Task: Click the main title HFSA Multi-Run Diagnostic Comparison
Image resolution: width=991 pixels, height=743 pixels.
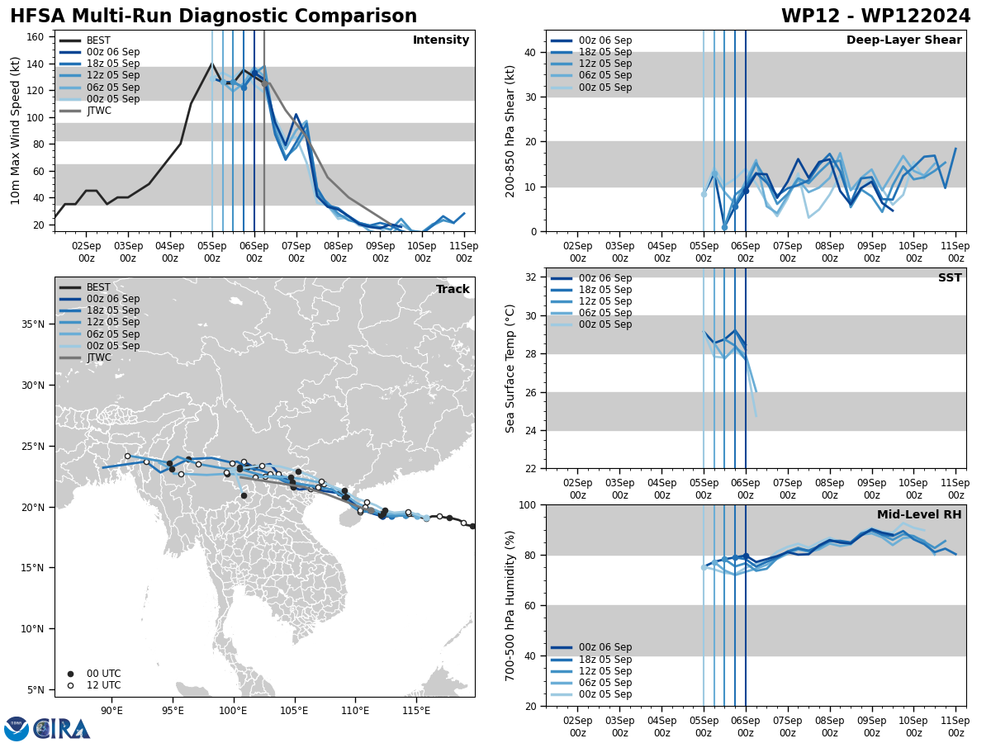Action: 213,17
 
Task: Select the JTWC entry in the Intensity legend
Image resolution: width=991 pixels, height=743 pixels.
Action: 98,111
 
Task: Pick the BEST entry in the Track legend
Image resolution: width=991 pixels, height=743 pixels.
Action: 98,287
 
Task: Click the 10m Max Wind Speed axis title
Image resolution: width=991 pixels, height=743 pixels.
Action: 16,130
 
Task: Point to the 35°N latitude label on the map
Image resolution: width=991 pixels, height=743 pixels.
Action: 34,324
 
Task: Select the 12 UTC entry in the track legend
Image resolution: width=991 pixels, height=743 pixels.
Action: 103,685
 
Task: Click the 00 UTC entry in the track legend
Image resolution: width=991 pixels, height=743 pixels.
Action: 103,674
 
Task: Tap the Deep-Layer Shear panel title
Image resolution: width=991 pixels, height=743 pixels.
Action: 903,40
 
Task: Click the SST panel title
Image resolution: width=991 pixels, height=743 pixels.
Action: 950,278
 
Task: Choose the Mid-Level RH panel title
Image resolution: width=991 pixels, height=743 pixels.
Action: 919,515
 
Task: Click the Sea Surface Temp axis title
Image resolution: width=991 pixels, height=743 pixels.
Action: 510,368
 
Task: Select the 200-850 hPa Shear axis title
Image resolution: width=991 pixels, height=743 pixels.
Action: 510,130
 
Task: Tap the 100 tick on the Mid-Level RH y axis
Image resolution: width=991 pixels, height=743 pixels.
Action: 529,504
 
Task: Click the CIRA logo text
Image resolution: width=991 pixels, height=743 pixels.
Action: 62,729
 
